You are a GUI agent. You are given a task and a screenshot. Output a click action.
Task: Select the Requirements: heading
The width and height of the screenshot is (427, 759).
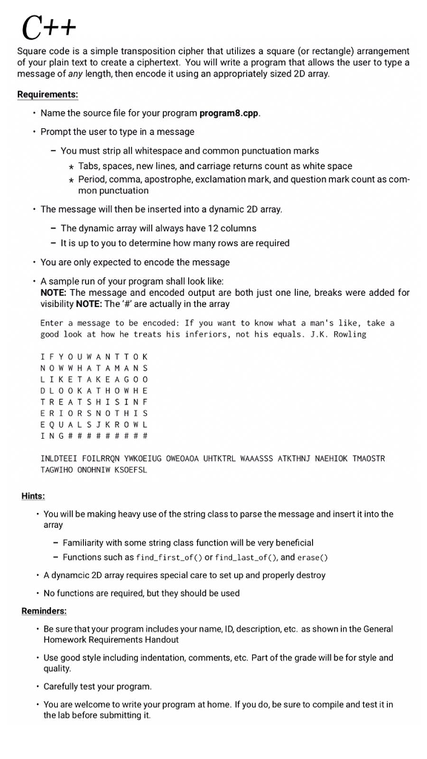tap(47, 94)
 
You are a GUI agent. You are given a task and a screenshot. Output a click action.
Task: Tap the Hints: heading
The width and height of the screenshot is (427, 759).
tap(33, 496)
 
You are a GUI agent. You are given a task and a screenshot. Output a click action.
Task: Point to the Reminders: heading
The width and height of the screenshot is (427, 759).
tap(44, 611)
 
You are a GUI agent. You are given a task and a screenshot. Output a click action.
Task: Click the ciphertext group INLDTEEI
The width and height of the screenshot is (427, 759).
tap(62, 459)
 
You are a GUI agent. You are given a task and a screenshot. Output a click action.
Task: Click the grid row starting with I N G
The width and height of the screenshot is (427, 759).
tap(94, 435)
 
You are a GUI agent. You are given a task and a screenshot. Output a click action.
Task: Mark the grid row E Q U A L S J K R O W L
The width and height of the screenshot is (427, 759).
tap(94, 423)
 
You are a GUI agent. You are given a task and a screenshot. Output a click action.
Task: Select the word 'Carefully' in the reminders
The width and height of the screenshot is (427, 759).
tap(65, 686)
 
